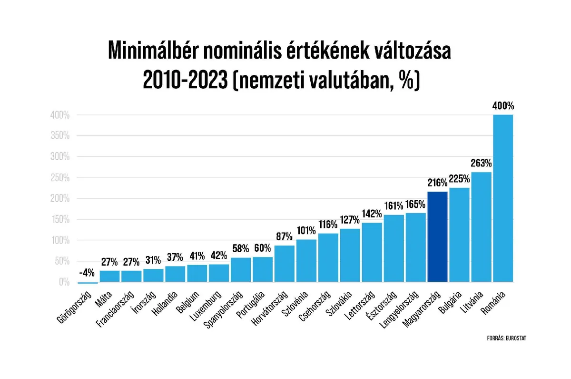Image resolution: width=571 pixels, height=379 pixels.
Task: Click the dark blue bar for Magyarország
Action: coord(437,236)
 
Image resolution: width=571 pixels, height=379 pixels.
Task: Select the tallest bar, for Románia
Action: coord(503,198)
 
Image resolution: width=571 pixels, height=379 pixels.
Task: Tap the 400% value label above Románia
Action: coord(503,106)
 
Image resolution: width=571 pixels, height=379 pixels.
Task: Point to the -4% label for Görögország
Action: coord(87,273)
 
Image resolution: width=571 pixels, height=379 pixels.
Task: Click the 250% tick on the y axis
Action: coord(60,178)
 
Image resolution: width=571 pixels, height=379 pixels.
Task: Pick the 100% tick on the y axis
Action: coord(60,241)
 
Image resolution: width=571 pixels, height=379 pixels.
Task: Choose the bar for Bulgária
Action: coord(459,235)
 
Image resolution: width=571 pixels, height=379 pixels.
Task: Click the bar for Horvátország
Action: coord(284,264)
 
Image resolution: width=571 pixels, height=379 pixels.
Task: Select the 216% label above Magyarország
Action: coord(437,183)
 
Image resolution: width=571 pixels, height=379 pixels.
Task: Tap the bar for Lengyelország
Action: coord(415,247)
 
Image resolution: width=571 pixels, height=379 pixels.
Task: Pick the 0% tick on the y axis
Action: coord(64,283)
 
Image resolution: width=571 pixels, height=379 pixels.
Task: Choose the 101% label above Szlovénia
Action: coord(306,231)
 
